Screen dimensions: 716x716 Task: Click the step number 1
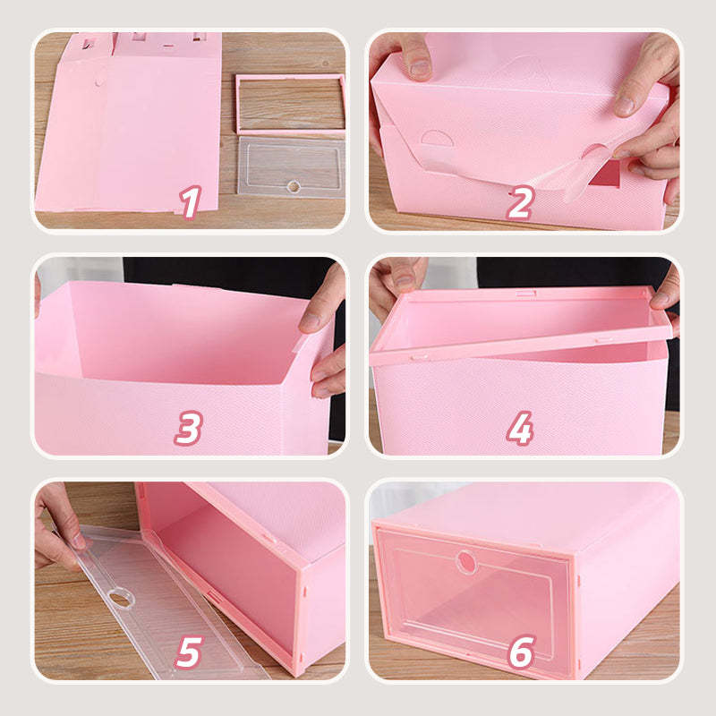click(x=190, y=202)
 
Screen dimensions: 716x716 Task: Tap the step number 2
click(x=520, y=202)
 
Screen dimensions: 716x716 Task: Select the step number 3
click(x=188, y=428)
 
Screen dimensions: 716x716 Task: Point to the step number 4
click(x=520, y=428)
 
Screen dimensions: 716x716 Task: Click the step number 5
click(x=188, y=652)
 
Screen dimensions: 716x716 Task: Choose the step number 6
click(x=521, y=652)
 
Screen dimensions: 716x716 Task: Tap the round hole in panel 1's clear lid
click(x=294, y=186)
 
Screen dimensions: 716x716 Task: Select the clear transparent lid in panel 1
click(x=291, y=166)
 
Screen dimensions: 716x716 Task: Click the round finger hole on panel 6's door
click(x=466, y=561)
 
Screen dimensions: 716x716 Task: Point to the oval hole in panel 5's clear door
click(x=121, y=598)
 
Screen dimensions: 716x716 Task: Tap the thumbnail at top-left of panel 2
click(x=419, y=69)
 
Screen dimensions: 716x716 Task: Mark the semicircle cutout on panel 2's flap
click(x=436, y=138)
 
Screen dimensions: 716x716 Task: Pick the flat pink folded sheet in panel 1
click(x=128, y=124)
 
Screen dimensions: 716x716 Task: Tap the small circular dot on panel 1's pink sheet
click(x=99, y=82)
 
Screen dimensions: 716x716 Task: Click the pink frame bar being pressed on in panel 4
click(x=521, y=347)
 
